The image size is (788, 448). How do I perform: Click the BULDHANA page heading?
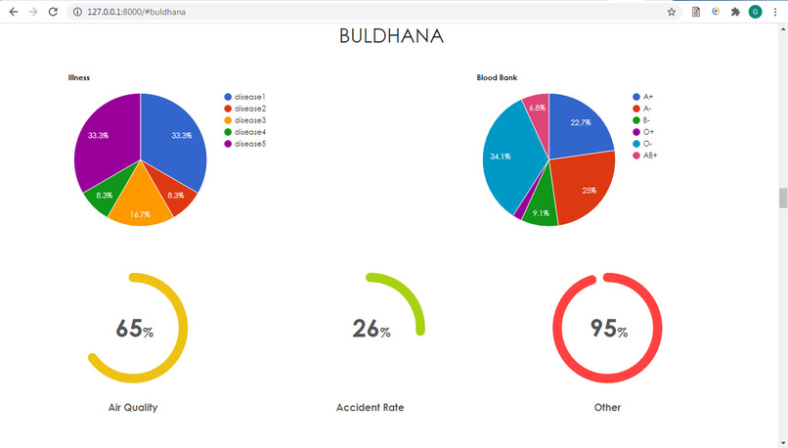[392, 36]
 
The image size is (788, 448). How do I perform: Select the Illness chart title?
[79, 77]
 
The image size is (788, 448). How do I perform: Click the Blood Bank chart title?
[497, 77]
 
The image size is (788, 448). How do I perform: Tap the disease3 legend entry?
[249, 120]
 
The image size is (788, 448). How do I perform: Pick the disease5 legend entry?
[249, 144]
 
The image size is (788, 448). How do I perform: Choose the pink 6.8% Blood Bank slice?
[537, 107]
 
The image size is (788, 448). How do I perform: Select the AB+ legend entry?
[649, 156]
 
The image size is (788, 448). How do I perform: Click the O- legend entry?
[647, 144]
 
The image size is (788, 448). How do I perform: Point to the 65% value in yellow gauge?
[134, 329]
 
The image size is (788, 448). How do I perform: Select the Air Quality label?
[133, 407]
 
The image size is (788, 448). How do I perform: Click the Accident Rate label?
[370, 407]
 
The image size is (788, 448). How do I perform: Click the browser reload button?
[53, 12]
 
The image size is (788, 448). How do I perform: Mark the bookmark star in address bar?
[672, 12]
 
